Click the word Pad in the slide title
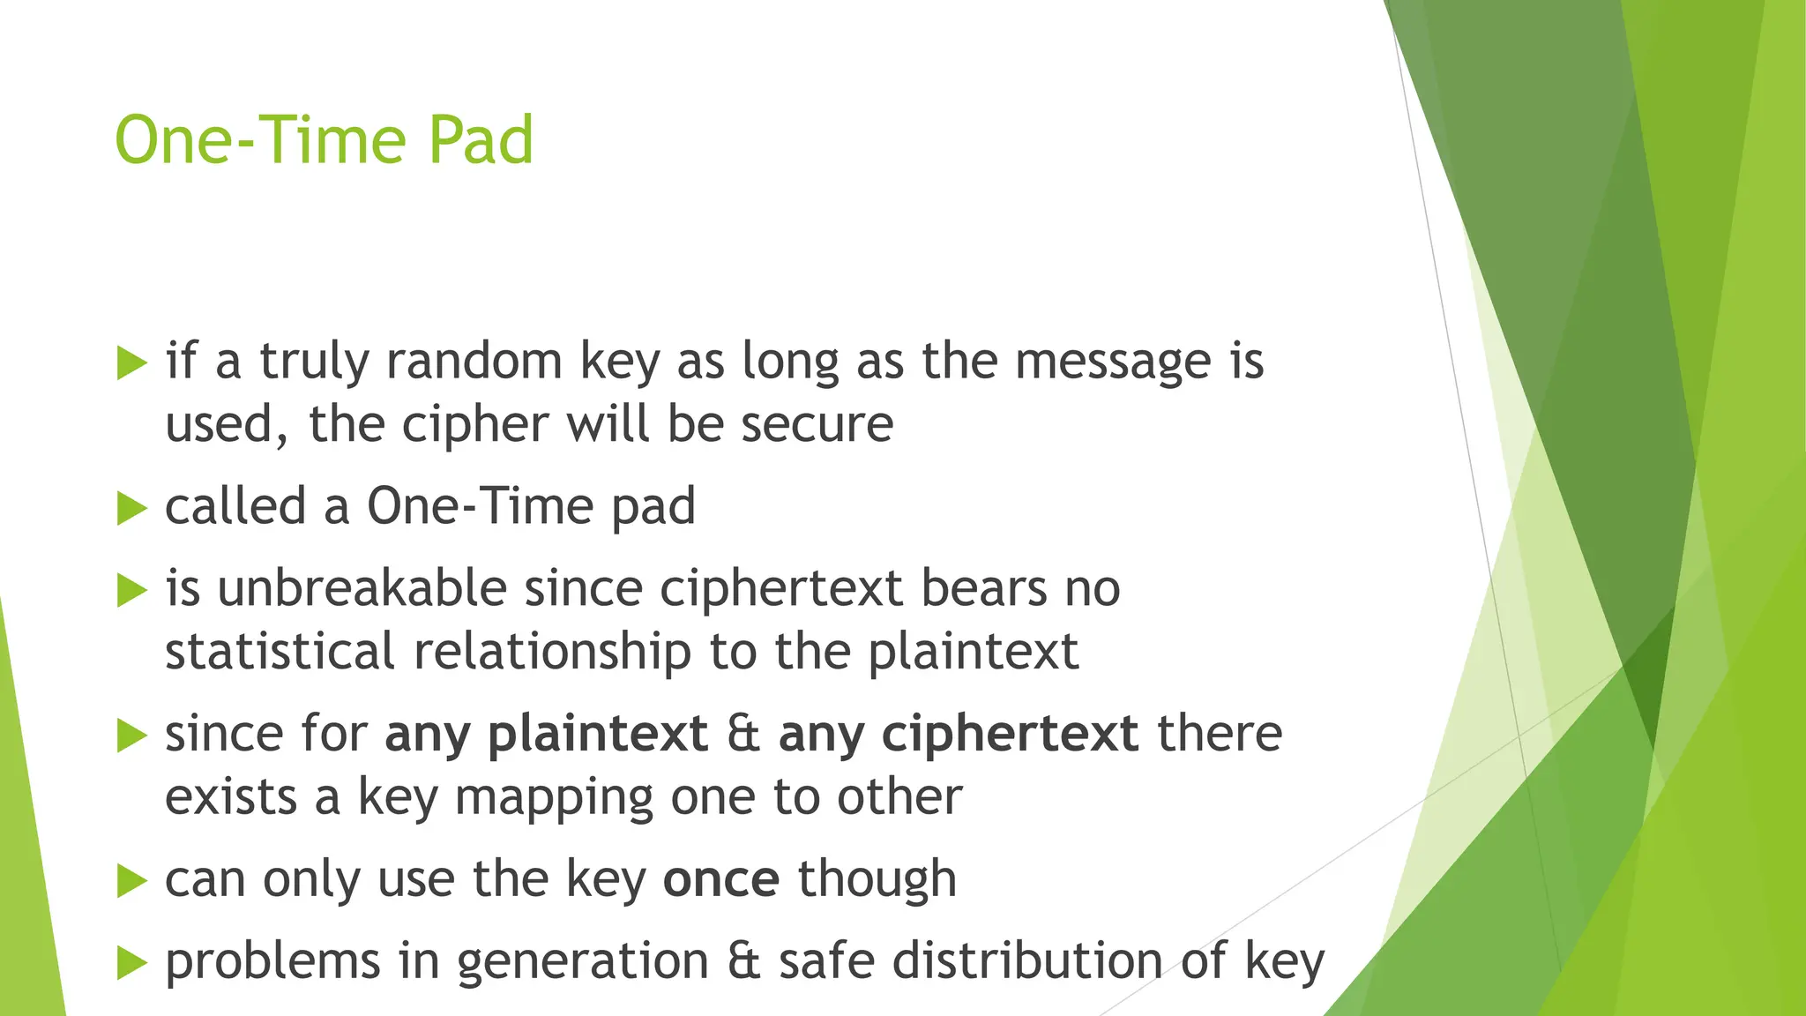[481, 140]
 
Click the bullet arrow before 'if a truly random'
[131, 363]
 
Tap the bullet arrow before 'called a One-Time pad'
[131, 508]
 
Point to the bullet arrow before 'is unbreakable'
[131, 590]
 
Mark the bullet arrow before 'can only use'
[131, 880]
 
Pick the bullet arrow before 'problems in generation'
[131, 962]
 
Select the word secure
[817, 425]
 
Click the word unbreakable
[362, 588]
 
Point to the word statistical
[279, 652]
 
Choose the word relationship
[552, 654]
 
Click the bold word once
[720, 880]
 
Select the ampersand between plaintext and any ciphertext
[743, 734]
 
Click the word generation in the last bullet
[583, 962]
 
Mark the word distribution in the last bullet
[1027, 960]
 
